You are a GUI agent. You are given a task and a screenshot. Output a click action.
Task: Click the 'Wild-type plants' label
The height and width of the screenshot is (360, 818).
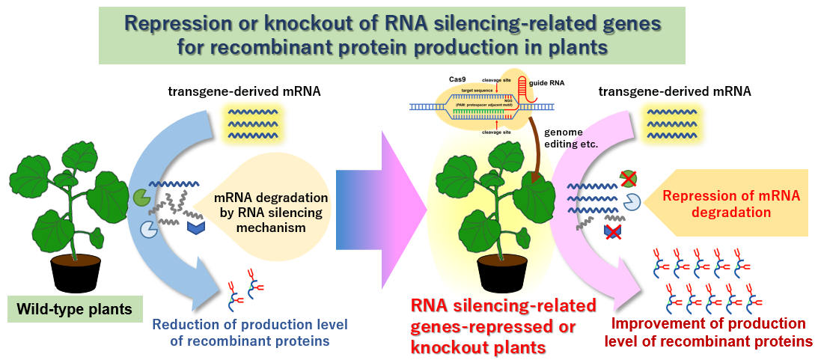pyautogui.click(x=75, y=308)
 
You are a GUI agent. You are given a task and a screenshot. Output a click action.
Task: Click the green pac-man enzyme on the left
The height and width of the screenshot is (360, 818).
pyautogui.click(x=141, y=196)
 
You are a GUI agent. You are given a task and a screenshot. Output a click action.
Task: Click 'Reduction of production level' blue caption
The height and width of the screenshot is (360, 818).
pyautogui.click(x=241, y=332)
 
